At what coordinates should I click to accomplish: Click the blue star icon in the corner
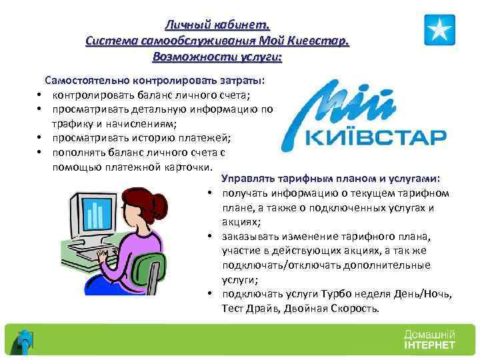click(x=440, y=30)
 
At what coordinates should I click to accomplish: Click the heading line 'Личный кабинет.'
click(x=217, y=25)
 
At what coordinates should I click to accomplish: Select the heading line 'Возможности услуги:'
click(x=217, y=57)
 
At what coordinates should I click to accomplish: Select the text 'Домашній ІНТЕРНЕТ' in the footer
click(x=429, y=339)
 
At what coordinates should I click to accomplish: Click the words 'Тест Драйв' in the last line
click(x=251, y=309)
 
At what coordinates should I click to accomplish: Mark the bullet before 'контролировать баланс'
click(x=40, y=95)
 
